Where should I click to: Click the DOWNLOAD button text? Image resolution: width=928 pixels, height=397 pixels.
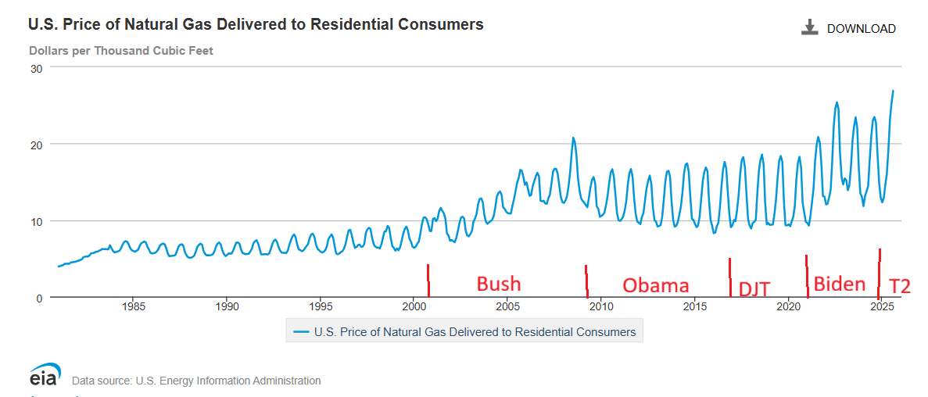861,29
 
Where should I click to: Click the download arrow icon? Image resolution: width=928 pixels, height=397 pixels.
809,28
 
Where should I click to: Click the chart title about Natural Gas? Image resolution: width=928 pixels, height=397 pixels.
256,24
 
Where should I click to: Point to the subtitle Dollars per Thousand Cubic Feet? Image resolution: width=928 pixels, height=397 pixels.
121,51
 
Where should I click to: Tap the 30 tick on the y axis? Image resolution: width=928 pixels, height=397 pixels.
35,68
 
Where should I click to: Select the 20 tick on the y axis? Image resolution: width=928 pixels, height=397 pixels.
35,145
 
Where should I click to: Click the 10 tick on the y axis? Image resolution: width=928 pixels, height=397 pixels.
35,221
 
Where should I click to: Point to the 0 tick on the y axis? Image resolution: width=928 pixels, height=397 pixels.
38,298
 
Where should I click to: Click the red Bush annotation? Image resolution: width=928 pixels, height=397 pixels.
499,283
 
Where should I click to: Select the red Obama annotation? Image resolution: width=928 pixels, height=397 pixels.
655,285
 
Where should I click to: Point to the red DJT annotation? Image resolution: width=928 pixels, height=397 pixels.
754,289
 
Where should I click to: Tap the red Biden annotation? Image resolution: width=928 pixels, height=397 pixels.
840,284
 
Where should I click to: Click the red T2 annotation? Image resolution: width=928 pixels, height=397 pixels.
900,286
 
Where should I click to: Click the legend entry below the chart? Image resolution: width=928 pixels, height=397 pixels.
464,332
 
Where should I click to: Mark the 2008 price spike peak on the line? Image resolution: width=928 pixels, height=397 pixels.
573,138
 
